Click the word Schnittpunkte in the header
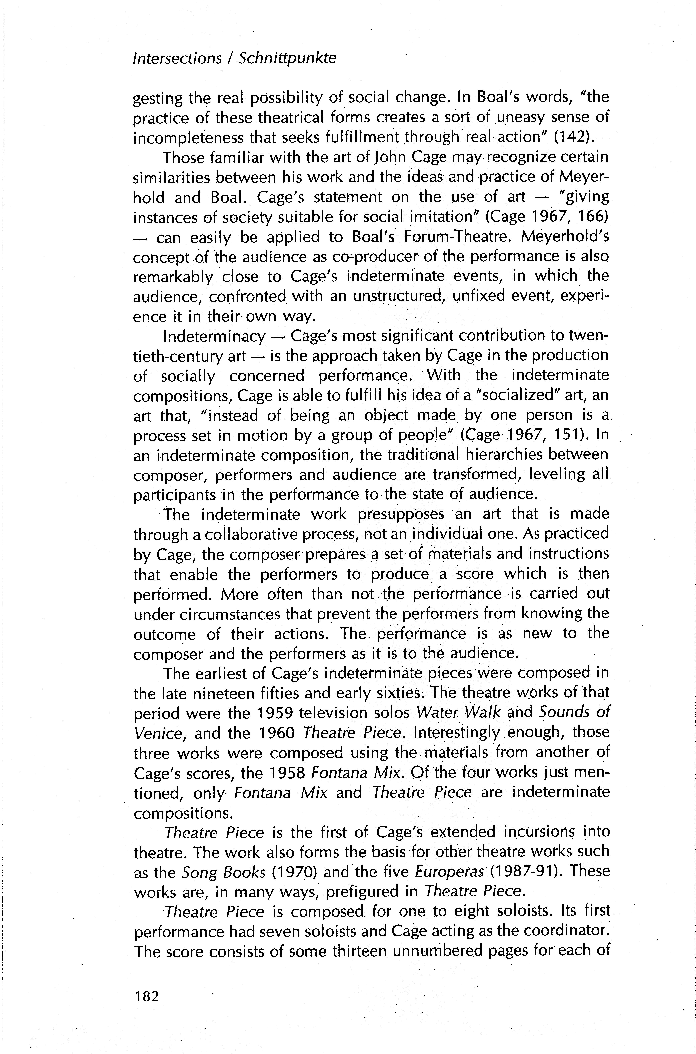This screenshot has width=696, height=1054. point(287,58)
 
